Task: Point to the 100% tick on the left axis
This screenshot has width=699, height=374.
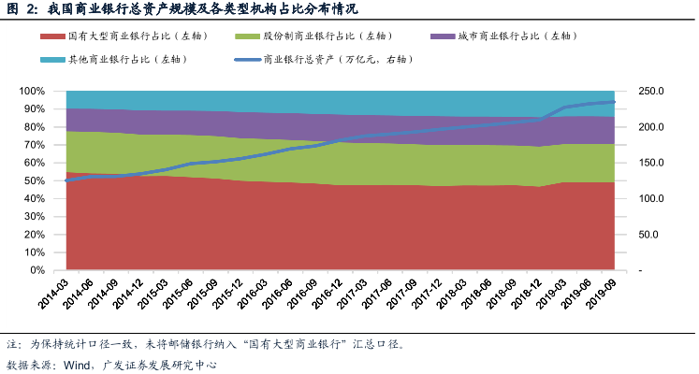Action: pos(45,92)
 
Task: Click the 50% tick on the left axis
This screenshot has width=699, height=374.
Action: pos(48,181)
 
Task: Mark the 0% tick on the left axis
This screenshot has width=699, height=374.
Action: pos(51,271)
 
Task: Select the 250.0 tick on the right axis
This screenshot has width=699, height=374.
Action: pos(647,92)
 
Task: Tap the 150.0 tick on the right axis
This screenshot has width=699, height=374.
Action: pos(647,164)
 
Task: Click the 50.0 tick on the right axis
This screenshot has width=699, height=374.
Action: pos(644,236)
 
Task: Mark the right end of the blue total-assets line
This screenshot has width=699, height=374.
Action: pos(614,102)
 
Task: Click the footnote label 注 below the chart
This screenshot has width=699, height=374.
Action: pos(12,344)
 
